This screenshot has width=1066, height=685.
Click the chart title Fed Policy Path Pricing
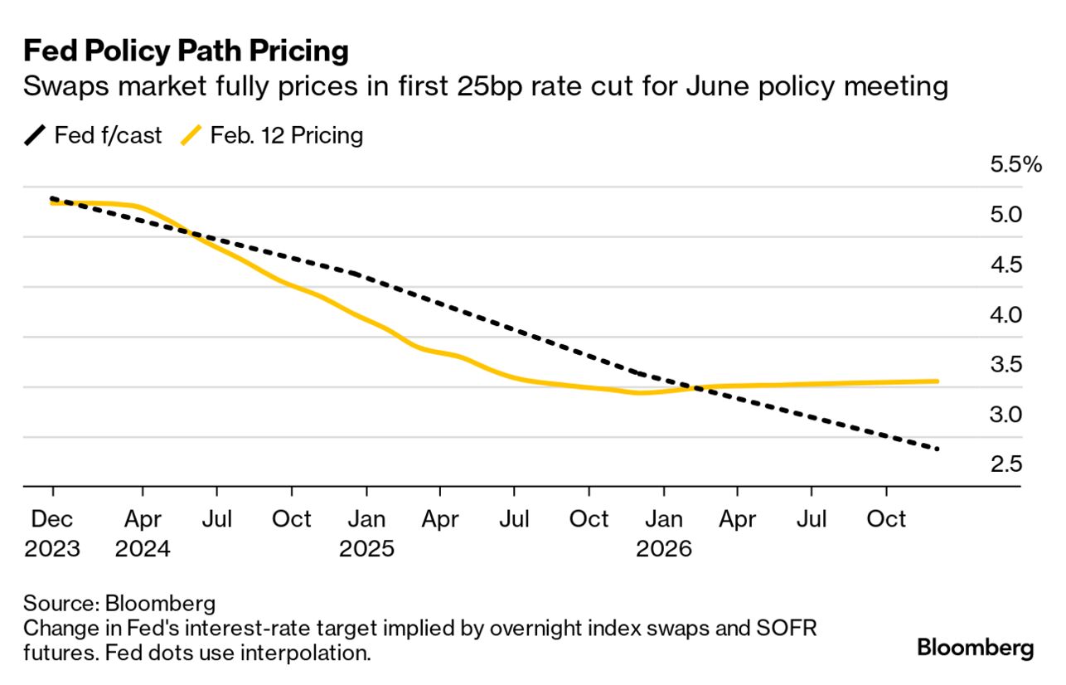[186, 51]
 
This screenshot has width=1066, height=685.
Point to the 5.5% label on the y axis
[1015, 164]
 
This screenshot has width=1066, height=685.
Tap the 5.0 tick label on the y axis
[1005, 215]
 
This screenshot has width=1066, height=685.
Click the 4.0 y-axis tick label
[1005, 314]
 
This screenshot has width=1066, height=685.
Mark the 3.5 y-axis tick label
[1005, 364]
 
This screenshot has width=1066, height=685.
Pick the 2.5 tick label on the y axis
[1005, 464]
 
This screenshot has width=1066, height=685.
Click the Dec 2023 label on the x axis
[52, 533]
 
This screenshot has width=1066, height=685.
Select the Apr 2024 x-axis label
[143, 533]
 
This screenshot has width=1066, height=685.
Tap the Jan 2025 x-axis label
[366, 533]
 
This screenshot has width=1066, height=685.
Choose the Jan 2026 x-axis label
[663, 533]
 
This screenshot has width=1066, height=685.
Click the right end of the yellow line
[937, 381]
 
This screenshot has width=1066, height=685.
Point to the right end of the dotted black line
[938, 449]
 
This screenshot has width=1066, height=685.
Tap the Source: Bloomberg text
[119, 603]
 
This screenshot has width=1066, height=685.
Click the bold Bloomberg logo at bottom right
[976, 648]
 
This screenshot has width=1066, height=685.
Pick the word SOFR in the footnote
[788, 628]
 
